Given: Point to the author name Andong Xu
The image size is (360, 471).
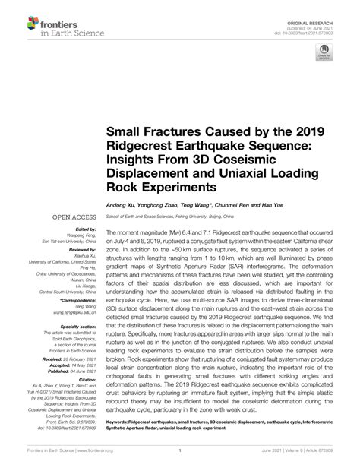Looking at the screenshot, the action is coord(123,204).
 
